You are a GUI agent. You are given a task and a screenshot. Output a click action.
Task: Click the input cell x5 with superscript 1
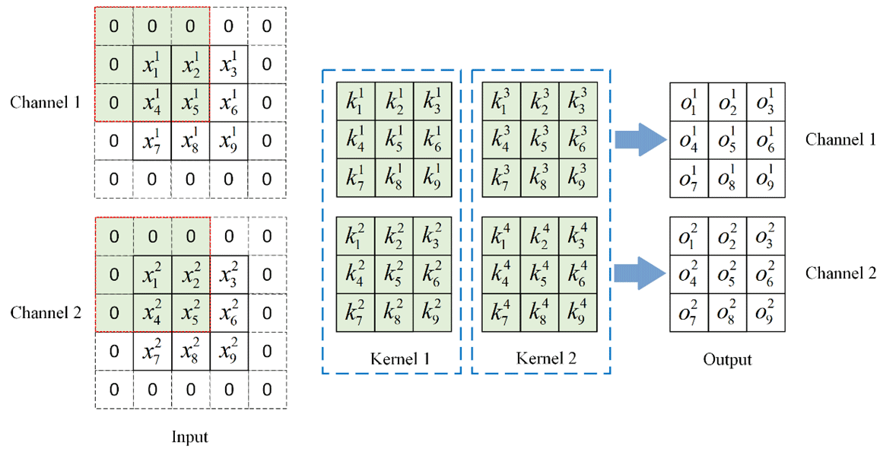click(x=190, y=102)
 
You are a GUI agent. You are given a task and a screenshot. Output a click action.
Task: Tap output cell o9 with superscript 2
click(x=764, y=313)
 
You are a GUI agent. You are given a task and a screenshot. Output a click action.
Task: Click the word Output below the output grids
click(x=727, y=359)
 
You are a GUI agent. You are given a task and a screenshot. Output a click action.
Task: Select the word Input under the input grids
click(x=189, y=437)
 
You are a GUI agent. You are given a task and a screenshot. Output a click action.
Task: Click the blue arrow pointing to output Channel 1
click(x=637, y=140)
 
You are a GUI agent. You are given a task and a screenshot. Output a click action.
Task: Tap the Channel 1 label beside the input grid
click(x=45, y=102)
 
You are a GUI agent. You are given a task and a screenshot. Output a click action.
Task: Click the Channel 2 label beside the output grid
click(x=840, y=272)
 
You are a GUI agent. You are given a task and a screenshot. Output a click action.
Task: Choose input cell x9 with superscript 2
click(x=228, y=351)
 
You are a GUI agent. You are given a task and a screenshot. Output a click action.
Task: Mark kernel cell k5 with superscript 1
click(x=393, y=140)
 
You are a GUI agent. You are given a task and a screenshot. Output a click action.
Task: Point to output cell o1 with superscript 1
click(x=688, y=102)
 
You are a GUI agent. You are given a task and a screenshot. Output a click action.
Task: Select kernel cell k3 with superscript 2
click(x=431, y=237)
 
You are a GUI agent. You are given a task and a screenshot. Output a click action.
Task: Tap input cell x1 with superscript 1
click(x=152, y=64)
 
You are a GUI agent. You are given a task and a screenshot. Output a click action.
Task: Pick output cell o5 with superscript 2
click(x=726, y=275)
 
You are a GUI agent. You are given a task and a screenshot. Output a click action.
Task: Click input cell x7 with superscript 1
click(x=152, y=140)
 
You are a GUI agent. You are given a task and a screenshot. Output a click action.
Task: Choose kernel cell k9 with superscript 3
click(x=579, y=178)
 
